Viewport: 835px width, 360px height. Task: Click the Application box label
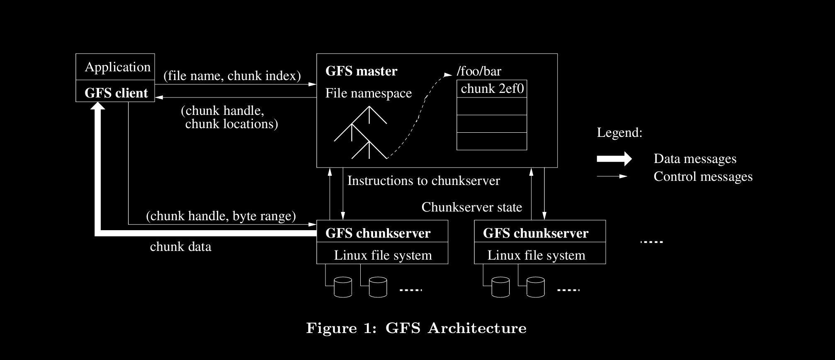pyautogui.click(x=117, y=67)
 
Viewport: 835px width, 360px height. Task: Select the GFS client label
pyautogui.click(x=116, y=93)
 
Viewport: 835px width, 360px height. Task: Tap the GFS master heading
pyautogui.click(x=361, y=71)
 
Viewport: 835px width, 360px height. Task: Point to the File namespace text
pyautogui.click(x=369, y=93)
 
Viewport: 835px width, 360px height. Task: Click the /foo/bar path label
pyautogui.click(x=479, y=71)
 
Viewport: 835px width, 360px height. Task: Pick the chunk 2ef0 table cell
pyautogui.click(x=492, y=89)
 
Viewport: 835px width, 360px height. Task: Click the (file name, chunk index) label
pyautogui.click(x=232, y=76)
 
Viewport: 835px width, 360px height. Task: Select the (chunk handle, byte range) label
pyautogui.click(x=221, y=216)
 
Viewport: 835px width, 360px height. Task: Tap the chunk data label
pyautogui.click(x=180, y=247)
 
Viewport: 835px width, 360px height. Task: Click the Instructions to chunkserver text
pyautogui.click(x=423, y=181)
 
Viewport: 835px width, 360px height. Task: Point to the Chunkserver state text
pyautogui.click(x=471, y=207)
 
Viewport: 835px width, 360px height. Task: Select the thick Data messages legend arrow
pyautogui.click(x=614, y=159)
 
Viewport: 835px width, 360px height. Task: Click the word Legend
pyautogui.click(x=619, y=133)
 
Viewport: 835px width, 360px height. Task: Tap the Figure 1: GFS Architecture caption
pyautogui.click(x=416, y=328)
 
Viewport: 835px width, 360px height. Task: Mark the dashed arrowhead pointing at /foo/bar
pyautogui.click(x=448, y=75)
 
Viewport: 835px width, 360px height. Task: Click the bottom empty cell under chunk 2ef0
pyautogui.click(x=492, y=141)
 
